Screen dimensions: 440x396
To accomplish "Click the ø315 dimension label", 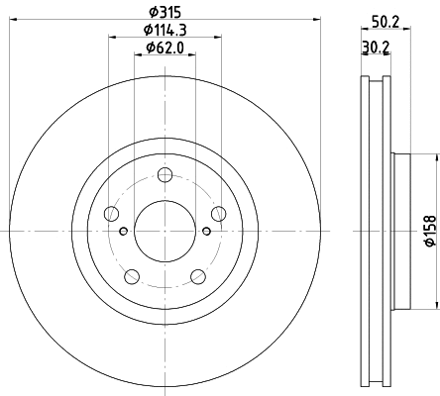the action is click(165, 12).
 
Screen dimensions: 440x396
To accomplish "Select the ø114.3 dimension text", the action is click(165, 30).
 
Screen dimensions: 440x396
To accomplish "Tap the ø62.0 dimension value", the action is click(165, 48).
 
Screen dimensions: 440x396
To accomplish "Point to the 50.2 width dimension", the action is click(385, 23).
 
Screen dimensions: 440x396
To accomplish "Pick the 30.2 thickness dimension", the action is click(376, 47).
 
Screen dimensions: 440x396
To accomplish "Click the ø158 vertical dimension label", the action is click(430, 231).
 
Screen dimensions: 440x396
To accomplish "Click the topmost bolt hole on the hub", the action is click(165, 175).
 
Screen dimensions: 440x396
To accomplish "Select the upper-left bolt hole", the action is click(111, 214).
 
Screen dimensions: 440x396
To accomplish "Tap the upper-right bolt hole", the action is click(219, 214).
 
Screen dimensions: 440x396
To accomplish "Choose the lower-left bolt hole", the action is click(132, 276).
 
